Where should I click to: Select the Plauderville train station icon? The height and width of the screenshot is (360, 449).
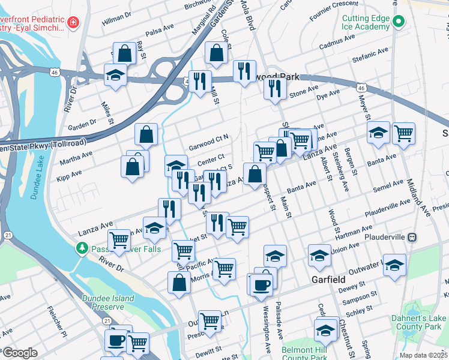(413, 237)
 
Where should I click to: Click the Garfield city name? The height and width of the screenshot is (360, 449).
(328, 280)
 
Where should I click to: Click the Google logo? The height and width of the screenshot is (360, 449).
(20, 353)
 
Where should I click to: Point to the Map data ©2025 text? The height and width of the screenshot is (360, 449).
(423, 355)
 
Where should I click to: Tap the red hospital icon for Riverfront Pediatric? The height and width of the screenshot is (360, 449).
(73, 23)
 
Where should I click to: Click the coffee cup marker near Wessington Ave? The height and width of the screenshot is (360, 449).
(261, 284)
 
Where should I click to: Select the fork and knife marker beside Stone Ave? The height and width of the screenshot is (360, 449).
(274, 89)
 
